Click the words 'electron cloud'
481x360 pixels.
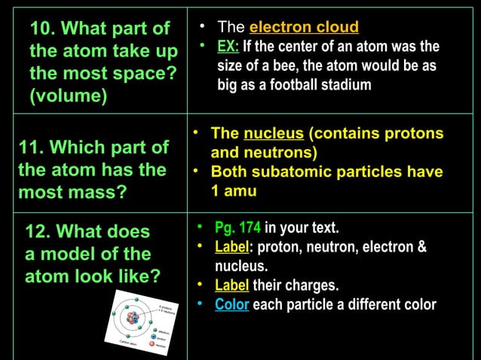pyautogui.click(x=304, y=28)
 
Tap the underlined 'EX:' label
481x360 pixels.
pyautogui.click(x=228, y=47)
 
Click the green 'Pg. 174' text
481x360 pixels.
pyautogui.click(x=237, y=227)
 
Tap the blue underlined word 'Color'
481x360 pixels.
pyautogui.click(x=231, y=305)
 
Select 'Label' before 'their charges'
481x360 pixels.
pyautogui.click(x=231, y=285)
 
